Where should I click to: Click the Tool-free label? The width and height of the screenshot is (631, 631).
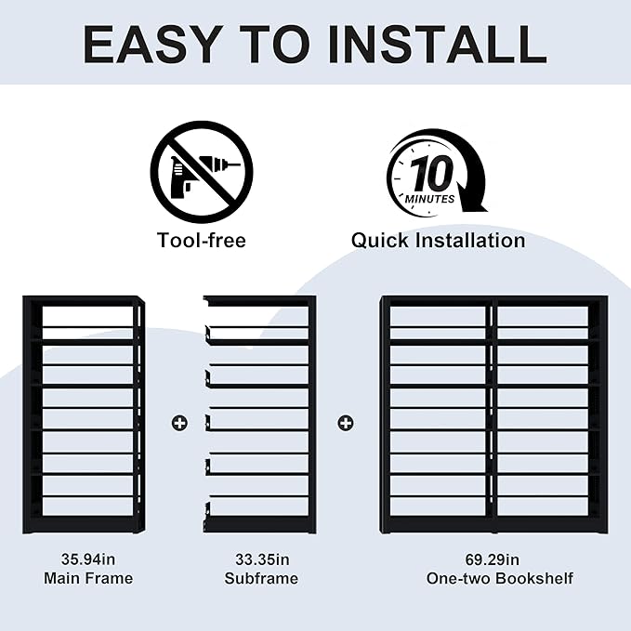pos(201,241)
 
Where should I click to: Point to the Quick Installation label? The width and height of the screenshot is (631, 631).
pos(438,241)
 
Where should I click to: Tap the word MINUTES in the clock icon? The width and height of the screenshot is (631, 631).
pos(429,198)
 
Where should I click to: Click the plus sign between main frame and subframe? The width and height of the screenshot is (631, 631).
pos(178,423)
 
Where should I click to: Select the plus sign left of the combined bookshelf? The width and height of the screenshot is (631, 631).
pos(346,423)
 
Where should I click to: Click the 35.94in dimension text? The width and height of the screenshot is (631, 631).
pos(88,559)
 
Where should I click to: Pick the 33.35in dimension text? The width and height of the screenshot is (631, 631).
pos(261,559)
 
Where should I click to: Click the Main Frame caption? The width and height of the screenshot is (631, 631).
pos(88,578)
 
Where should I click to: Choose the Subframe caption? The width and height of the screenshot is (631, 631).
pos(261,578)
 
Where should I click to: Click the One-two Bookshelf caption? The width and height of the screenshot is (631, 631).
pos(499,578)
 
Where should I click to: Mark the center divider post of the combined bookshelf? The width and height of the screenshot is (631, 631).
pos(493,414)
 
